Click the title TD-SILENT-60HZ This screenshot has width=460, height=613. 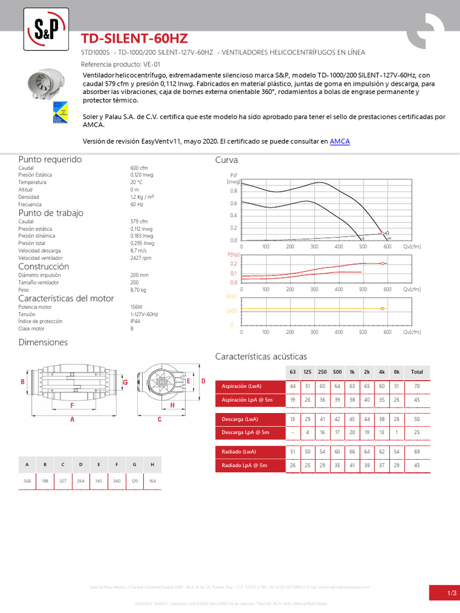coord(134,39)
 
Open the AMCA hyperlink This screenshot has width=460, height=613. coord(340,141)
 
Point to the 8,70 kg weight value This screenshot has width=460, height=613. coord(138,289)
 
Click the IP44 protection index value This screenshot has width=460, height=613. coord(135,321)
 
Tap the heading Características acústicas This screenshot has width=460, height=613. coord(261,356)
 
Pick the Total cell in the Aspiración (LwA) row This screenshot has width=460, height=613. coord(417,386)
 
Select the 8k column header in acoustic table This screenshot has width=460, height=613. coord(397,372)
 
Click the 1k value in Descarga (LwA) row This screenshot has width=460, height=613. coord(352,418)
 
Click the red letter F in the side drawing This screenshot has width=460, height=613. coord(72,405)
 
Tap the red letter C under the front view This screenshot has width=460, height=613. coord(159,420)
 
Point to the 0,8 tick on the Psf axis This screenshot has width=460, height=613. coord(233,191)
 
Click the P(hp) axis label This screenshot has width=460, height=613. coord(233,254)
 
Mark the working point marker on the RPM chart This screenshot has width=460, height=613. coord(382,308)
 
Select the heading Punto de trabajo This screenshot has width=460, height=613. coord(51,213)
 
